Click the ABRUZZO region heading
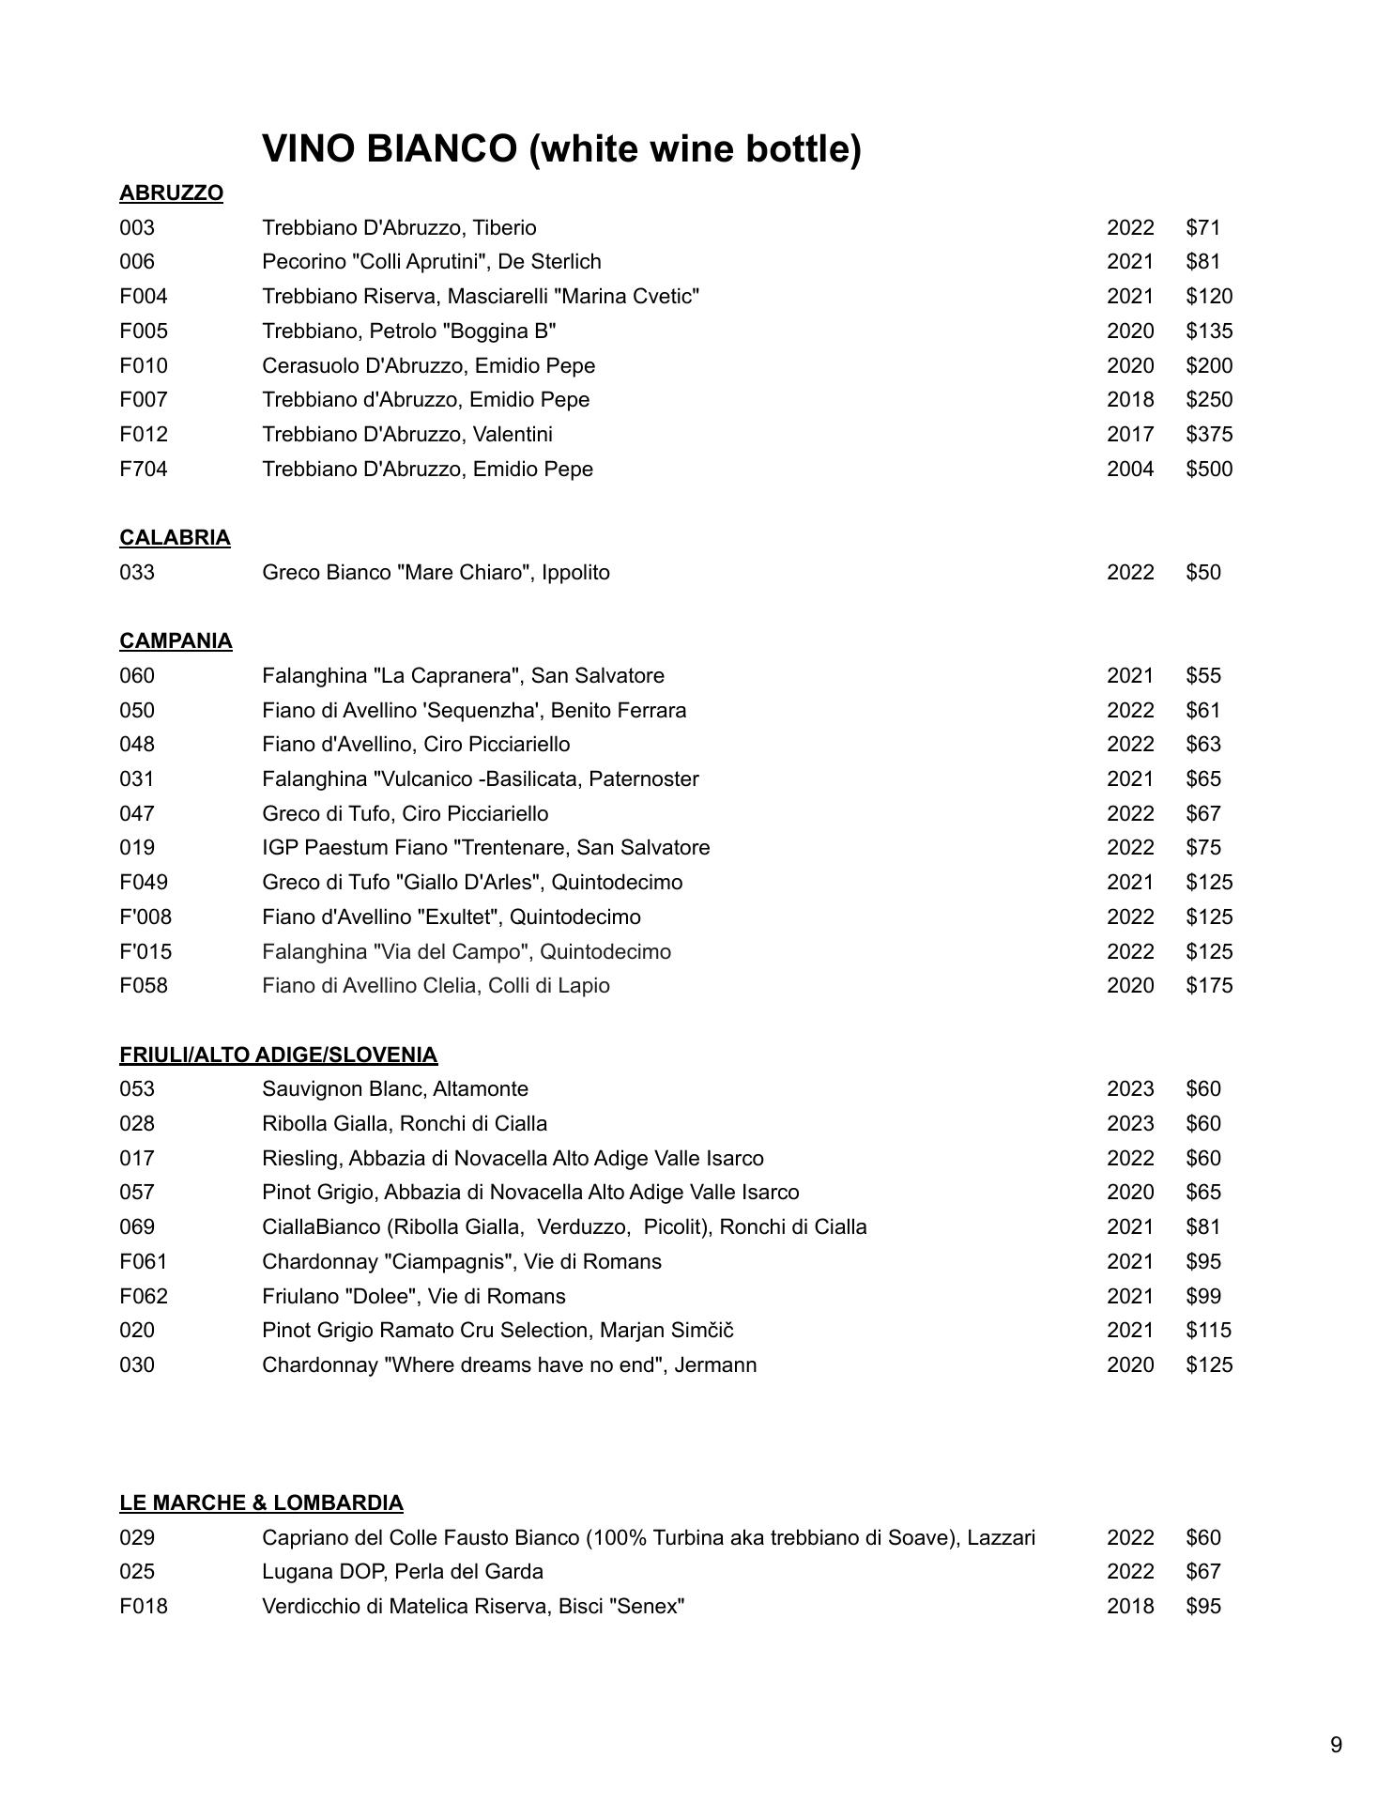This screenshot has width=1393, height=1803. point(171,193)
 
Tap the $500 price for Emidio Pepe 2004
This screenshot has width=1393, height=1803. point(1209,469)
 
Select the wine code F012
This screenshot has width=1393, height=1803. point(144,434)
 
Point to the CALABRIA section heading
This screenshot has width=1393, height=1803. point(175,538)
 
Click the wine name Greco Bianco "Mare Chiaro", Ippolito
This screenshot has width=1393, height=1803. point(436,572)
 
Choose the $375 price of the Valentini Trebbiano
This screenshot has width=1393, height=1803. point(1209,434)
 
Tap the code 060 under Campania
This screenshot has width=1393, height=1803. point(137,675)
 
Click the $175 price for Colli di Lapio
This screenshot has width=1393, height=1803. point(1209,985)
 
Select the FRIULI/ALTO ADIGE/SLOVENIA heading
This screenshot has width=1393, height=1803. point(278,1055)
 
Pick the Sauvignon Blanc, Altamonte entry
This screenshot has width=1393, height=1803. point(395,1088)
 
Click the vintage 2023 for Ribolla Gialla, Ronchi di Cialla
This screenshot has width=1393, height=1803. point(1130,1123)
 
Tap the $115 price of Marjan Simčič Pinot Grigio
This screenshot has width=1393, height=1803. point(1209,1330)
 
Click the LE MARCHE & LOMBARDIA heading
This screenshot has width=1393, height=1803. point(261,1502)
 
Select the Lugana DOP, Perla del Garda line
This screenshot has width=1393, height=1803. point(403,1571)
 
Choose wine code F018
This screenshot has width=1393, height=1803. point(144,1606)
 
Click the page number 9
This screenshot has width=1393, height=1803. point(1336,1745)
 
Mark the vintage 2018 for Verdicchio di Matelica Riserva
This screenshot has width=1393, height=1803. point(1130,1606)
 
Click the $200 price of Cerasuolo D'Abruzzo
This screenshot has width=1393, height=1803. point(1209,365)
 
